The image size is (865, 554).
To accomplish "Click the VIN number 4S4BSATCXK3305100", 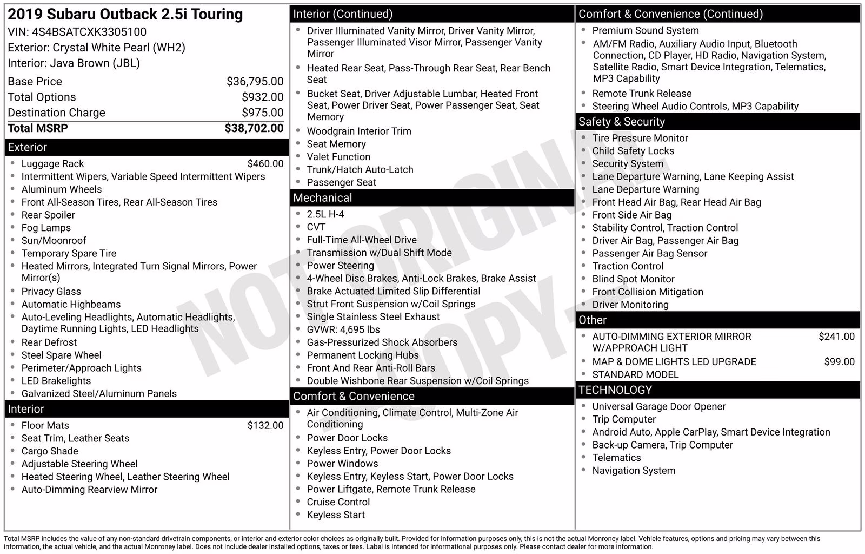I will click(89, 32).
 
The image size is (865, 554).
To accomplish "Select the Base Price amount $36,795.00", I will click(255, 82).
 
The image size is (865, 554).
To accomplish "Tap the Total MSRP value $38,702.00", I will click(254, 128).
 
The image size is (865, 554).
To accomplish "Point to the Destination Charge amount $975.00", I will click(262, 113).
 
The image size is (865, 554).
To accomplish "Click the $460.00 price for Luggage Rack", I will click(265, 164).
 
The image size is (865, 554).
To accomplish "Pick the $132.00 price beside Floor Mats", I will click(265, 426).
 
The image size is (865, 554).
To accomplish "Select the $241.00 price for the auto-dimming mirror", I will click(836, 337).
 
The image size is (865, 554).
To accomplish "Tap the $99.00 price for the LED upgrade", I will click(839, 362).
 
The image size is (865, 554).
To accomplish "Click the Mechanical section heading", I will click(323, 198).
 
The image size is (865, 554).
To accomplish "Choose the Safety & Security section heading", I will click(622, 122).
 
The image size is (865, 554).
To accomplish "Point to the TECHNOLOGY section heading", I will click(615, 390).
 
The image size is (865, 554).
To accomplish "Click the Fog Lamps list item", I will click(46, 228).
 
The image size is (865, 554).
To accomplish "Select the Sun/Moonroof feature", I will click(54, 241).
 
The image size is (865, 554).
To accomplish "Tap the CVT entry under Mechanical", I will click(316, 227).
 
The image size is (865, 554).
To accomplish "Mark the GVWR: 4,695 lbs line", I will click(343, 329).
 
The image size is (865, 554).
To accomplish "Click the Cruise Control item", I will click(338, 502).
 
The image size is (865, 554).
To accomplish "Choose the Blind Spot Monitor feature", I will click(633, 279).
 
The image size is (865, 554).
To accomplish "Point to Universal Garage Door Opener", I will click(658, 406).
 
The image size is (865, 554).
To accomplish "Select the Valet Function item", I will click(338, 157).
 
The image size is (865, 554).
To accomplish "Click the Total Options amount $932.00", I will click(262, 97).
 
